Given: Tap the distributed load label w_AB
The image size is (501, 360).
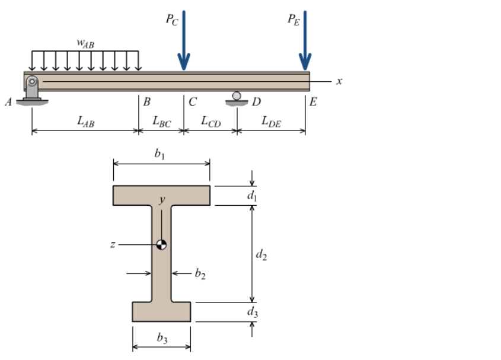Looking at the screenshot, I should tap(85, 43).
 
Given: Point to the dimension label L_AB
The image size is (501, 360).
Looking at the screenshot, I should tap(85, 121).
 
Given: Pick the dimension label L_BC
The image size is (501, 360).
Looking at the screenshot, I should tap(161, 121).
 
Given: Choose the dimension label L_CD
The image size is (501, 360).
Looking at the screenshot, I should tap(210, 121).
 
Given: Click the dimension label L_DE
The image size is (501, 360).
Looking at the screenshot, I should tap(271, 121).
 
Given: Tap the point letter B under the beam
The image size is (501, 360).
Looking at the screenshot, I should tap(146, 101).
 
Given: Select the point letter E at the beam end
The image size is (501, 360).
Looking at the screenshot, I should tap(314, 101).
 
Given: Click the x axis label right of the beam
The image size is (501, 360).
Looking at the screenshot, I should tap(339, 81).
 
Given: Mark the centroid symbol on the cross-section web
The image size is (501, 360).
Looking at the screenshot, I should tap(161, 244).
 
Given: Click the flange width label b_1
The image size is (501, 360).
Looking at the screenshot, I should tap(159, 154).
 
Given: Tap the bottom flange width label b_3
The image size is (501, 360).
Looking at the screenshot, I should tap(162, 338).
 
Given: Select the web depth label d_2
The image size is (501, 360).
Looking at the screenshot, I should tap(260, 255).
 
